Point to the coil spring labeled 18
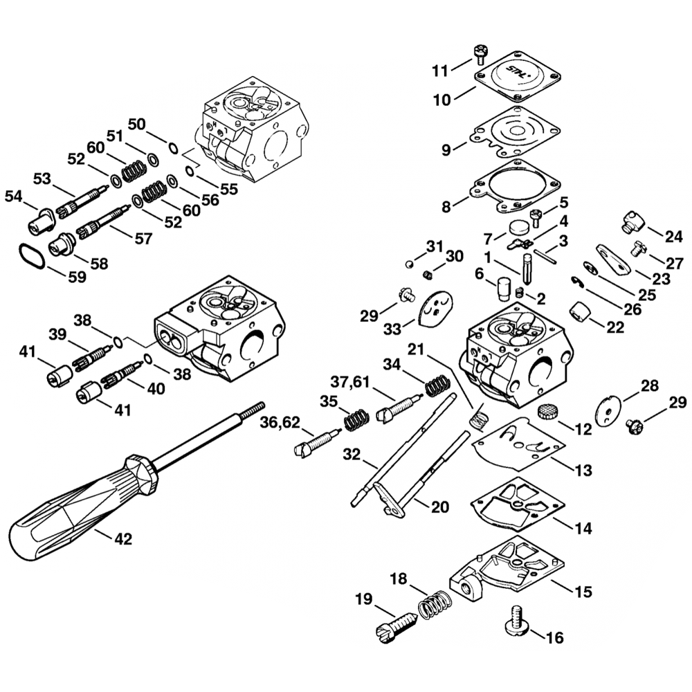coord(435,602)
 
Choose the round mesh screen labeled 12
coord(548,412)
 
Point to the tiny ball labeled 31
coord(409,264)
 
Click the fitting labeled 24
coord(633,220)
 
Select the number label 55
coord(228,188)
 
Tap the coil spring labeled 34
coord(437,385)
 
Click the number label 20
coord(440,507)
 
